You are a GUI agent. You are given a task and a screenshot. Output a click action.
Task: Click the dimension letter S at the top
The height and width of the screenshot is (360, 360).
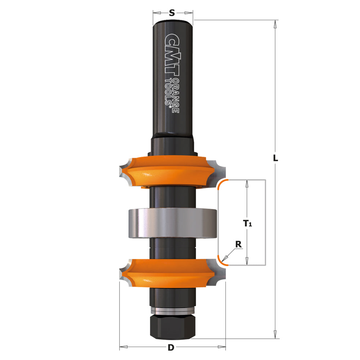(172, 13)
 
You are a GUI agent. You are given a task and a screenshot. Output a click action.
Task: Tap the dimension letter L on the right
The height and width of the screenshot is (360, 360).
(275, 158)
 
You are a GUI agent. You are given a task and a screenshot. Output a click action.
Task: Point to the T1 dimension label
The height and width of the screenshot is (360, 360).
(247, 223)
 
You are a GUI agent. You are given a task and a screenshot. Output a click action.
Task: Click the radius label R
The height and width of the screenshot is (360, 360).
(238, 244)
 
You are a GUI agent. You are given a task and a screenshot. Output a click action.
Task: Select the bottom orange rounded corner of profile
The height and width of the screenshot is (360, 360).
(222, 261)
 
